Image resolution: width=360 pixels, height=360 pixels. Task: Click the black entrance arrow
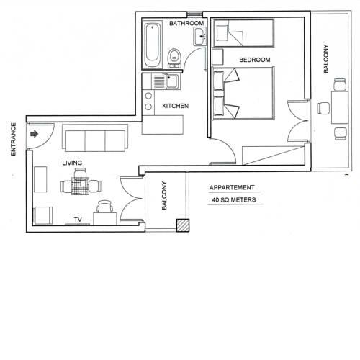click(35, 134)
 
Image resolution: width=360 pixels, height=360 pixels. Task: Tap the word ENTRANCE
click(14, 139)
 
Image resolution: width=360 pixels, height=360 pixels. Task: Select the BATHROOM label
click(186, 23)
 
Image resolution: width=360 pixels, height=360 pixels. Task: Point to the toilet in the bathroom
click(174, 58)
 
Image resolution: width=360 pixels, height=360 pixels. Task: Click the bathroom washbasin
click(199, 36)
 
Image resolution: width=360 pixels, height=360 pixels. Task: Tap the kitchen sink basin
click(172, 81)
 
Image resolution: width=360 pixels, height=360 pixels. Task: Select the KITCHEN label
click(175, 106)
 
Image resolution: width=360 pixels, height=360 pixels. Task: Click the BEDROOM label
click(255, 60)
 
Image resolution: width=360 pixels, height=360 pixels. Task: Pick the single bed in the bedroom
click(243, 33)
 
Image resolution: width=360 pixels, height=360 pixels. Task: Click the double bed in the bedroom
click(243, 94)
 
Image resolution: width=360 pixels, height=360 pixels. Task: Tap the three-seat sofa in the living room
click(95, 138)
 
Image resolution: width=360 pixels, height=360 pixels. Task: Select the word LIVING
click(72, 163)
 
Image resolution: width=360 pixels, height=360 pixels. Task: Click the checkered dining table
click(81, 186)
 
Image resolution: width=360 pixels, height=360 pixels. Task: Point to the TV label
click(78, 220)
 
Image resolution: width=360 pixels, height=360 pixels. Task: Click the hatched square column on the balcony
click(183, 225)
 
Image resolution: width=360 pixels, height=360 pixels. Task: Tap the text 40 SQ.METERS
click(234, 200)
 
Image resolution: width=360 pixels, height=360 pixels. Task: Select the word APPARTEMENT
click(232, 187)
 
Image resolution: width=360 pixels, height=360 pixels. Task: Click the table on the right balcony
click(340, 107)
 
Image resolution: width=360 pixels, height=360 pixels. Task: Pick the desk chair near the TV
click(104, 206)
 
